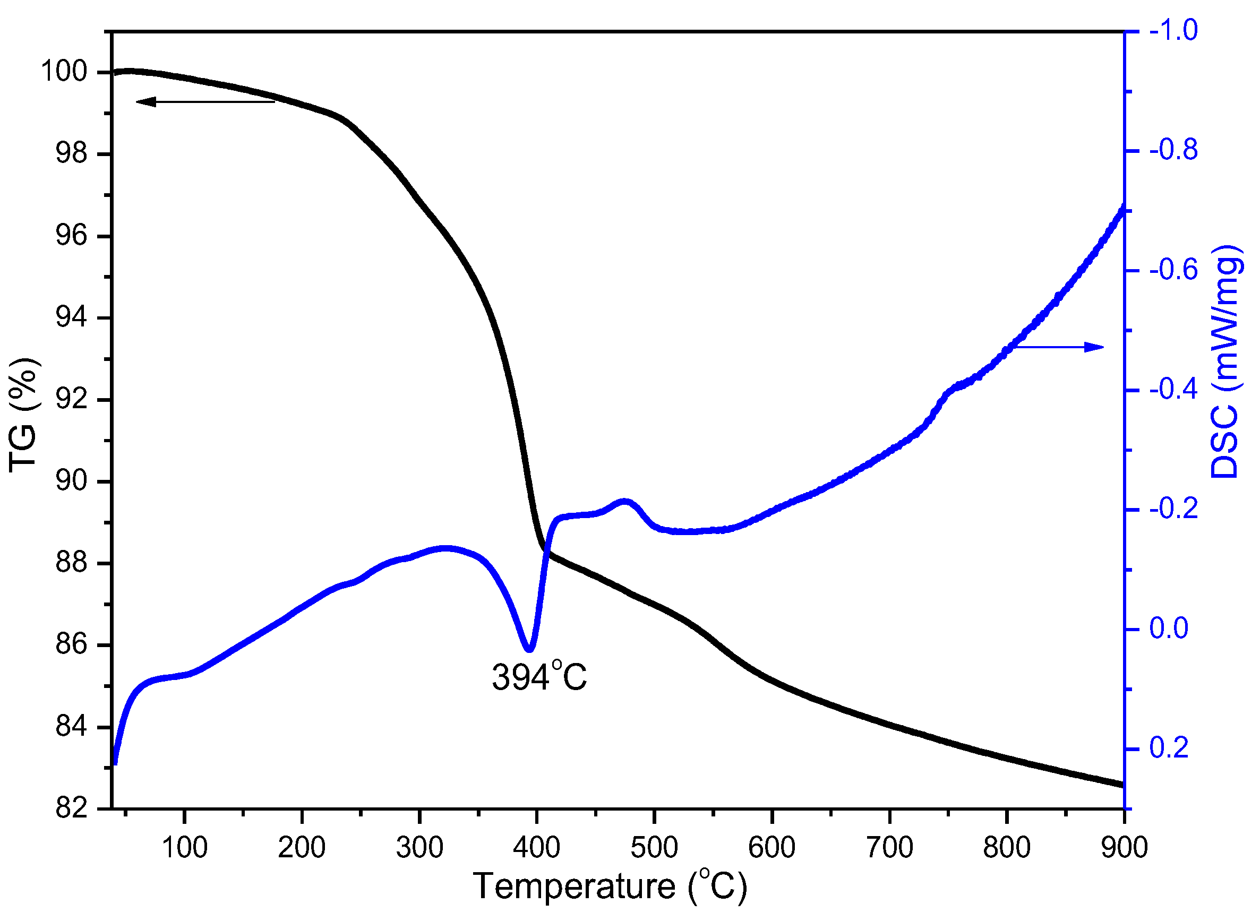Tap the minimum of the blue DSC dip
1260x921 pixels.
point(530,650)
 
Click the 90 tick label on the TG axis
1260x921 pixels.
point(71,481)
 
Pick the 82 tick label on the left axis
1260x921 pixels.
point(71,809)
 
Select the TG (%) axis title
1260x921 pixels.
point(23,415)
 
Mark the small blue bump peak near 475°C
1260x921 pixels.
point(625,501)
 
